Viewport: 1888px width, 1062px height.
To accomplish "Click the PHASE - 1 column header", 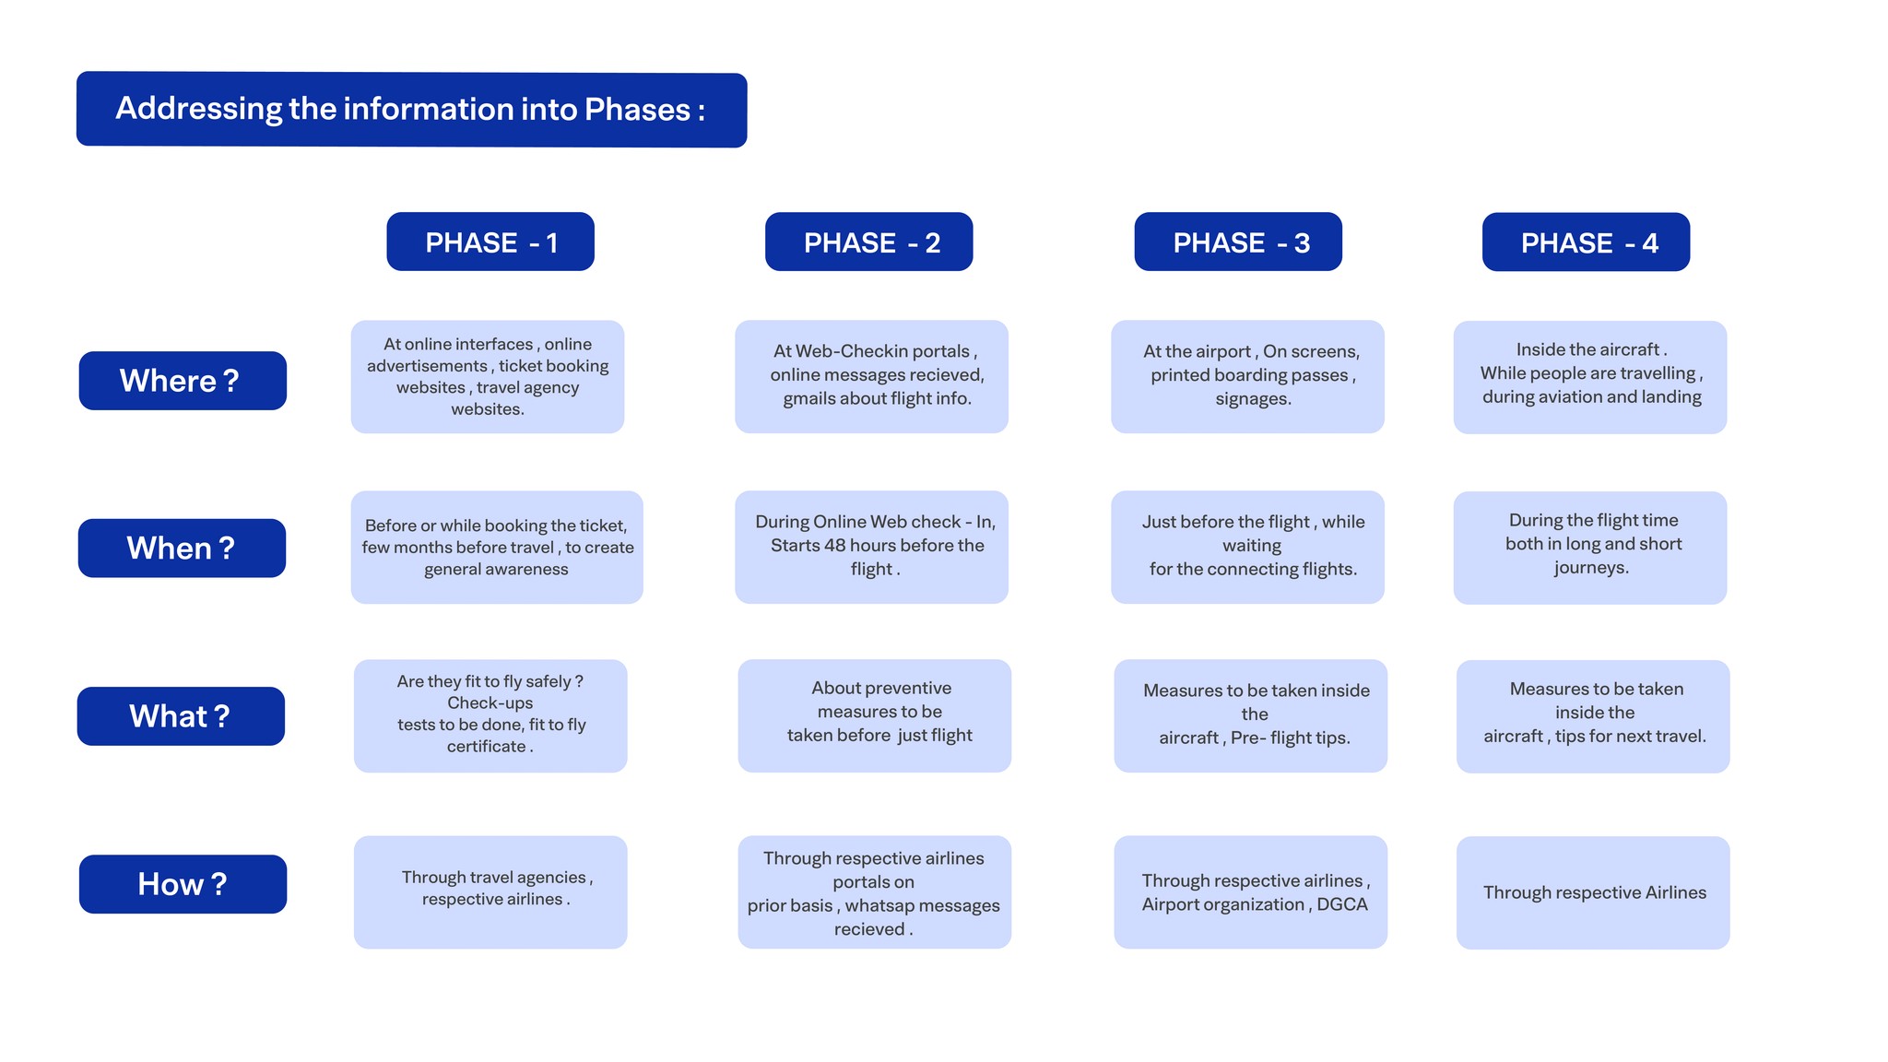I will [x=490, y=242].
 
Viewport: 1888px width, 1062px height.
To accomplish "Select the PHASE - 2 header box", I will [x=868, y=242].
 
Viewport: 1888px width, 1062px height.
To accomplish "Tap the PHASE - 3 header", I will [x=1237, y=242].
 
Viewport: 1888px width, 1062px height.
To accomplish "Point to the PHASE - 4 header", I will [x=1586, y=242].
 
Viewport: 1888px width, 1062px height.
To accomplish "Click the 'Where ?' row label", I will [x=183, y=381].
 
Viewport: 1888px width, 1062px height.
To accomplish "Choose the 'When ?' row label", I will [x=182, y=549].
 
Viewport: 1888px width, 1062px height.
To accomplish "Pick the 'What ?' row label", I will [x=181, y=716].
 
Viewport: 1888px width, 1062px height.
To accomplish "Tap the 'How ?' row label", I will [x=183, y=884].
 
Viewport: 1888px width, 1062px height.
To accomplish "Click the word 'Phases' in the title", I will [x=637, y=110].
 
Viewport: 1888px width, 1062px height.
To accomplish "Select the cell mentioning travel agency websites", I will [x=487, y=377].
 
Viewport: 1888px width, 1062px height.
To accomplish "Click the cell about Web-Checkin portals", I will [x=871, y=376].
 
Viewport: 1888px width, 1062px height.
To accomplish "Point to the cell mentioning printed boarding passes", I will [x=1247, y=376].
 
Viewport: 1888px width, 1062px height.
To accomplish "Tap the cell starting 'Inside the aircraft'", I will [x=1589, y=377].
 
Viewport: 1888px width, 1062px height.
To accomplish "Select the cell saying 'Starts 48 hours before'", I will [x=871, y=547].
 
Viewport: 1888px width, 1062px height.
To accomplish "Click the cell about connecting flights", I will [x=1247, y=547].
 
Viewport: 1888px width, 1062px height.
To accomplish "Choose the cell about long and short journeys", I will [x=1589, y=548].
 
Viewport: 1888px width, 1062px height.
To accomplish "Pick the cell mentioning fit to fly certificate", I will [x=490, y=715].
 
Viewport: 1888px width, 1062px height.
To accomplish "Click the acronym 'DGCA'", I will [x=1341, y=904].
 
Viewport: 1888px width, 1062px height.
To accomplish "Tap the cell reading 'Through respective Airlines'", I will [x=1593, y=892].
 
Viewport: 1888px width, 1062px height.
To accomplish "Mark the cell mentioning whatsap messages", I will [x=874, y=892].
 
